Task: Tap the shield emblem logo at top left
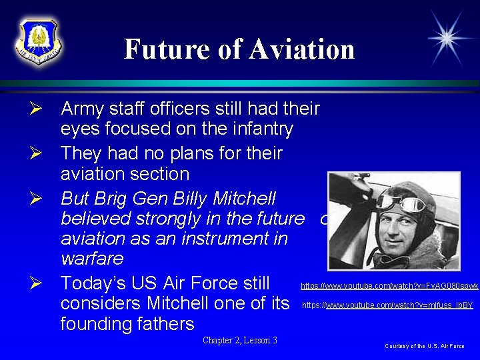[x=38, y=41]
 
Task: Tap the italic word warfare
[x=92, y=257]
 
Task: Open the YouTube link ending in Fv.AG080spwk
[x=389, y=285]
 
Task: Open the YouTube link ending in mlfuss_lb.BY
[x=388, y=305]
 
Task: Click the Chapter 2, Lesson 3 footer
[x=240, y=341]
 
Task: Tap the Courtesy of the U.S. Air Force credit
[x=425, y=346]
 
